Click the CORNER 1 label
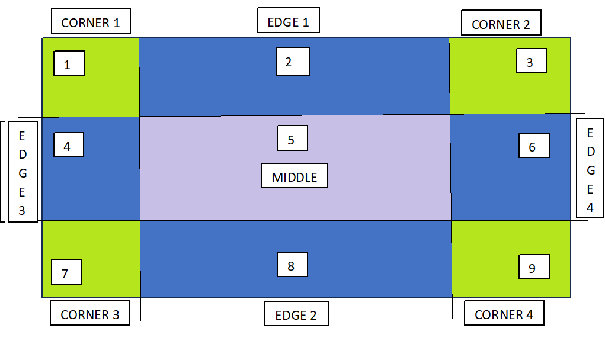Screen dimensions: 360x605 91,22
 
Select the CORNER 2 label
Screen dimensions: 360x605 501,24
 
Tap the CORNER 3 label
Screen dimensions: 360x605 90,314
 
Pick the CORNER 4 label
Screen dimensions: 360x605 504,314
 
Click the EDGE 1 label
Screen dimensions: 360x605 289,21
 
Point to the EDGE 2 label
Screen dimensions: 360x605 296,315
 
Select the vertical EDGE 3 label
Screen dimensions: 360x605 22,172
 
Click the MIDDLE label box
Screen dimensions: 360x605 295,176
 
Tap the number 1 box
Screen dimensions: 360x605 69,63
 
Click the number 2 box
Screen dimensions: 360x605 293,62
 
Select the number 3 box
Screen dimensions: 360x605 531,61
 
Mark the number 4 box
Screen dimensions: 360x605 68,145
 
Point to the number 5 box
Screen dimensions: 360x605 292,139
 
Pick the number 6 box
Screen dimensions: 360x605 533,146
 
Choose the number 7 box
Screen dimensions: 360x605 66,272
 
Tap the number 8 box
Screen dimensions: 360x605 292,265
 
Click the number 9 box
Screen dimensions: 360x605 533,267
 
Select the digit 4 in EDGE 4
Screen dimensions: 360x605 590,207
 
